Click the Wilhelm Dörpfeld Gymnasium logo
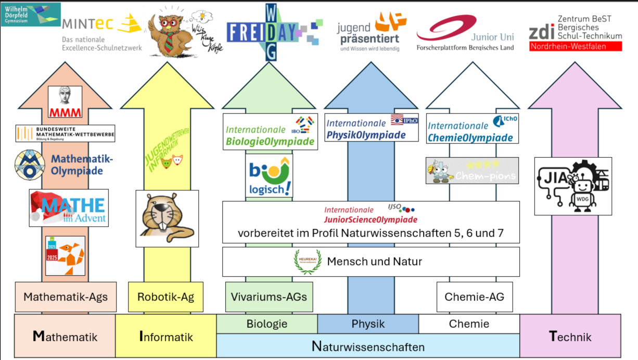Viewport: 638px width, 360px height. pos(31,14)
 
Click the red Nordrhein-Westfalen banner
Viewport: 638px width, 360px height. pos(575,46)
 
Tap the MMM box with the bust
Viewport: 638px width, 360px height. pos(65,101)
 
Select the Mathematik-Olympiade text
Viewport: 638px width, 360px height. pos(82,165)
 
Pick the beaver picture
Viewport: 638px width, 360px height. pos(167,218)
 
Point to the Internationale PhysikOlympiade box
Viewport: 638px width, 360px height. pos(371,127)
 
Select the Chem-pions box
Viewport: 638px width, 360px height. pos(472,171)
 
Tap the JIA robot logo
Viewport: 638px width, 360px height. pos(573,186)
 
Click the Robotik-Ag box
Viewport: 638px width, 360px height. pos(165,297)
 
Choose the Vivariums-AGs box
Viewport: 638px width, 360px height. pos(269,297)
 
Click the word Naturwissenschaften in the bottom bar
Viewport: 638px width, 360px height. pos(368,346)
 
